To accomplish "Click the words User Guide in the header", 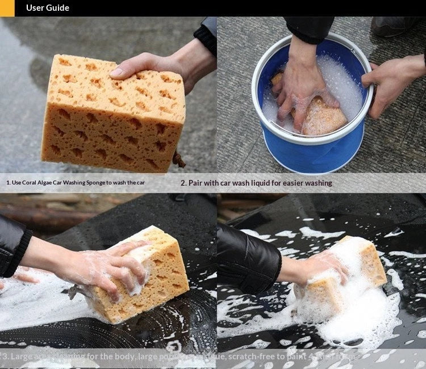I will [x=47, y=8].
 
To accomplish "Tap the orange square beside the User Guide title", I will [x=7, y=8].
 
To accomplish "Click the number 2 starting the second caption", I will [x=183, y=183].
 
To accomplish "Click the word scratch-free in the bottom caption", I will [x=243, y=357].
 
